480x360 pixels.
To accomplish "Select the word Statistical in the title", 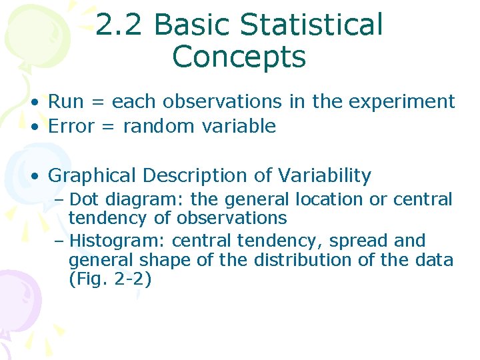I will (311, 25).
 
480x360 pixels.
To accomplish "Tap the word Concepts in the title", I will (239, 57).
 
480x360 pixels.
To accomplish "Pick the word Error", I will (71, 126).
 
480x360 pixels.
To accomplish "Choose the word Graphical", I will (93, 176).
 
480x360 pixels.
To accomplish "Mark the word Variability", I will (325, 176).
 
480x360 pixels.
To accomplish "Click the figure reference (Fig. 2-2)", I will (110, 279).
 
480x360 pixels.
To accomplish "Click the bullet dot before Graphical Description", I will (33, 177).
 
